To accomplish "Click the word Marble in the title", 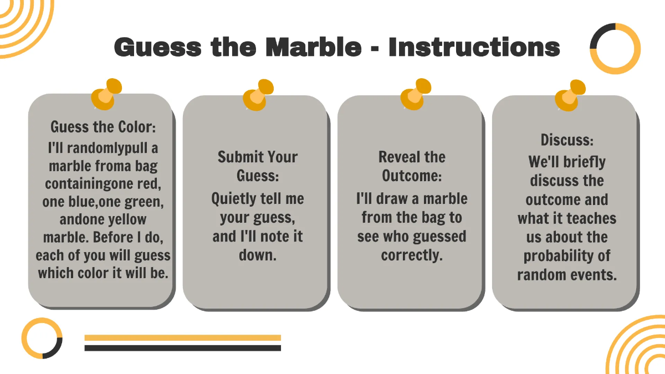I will click(x=313, y=47).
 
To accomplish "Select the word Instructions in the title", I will click(x=474, y=47).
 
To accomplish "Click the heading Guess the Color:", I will click(x=103, y=127).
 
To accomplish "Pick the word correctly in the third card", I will click(x=412, y=255).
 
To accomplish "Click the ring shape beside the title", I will click(x=615, y=49).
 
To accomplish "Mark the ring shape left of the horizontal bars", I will click(x=42, y=338).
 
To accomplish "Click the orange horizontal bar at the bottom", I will click(x=182, y=337).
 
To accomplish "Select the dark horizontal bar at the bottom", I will click(x=182, y=348).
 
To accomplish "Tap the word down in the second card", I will click(x=257, y=255).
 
